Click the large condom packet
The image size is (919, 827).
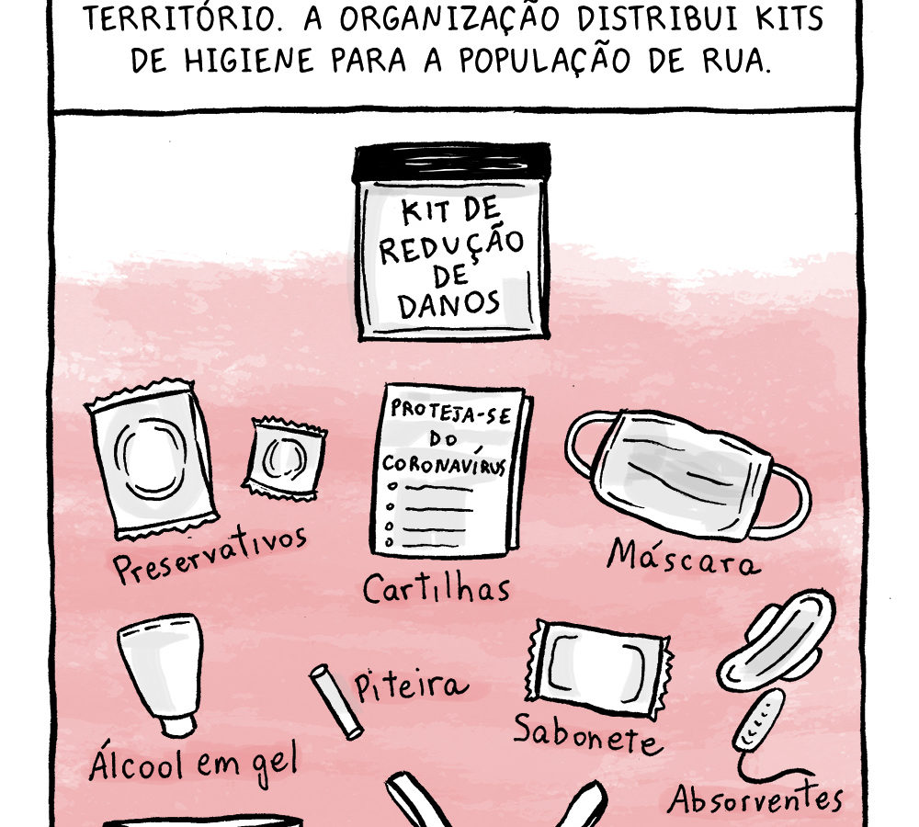point(152,459)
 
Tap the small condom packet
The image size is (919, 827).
point(284,459)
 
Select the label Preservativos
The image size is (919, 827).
point(210,554)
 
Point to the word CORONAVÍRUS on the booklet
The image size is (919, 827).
point(444,464)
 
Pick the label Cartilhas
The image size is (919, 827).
point(436,588)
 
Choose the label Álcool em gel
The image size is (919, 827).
point(193,763)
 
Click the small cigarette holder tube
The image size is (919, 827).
point(336,702)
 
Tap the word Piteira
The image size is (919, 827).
point(411,685)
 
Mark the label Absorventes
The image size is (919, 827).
point(755,799)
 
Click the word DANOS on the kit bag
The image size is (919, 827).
point(449,303)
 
